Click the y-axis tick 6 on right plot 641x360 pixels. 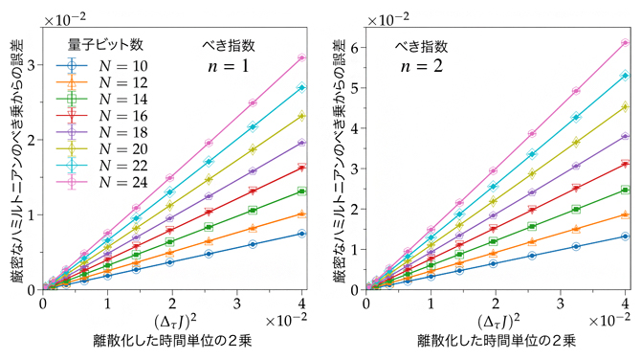(355, 47)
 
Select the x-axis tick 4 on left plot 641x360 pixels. (301, 303)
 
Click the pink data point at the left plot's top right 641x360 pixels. (301, 57)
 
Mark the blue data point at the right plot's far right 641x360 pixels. (626, 236)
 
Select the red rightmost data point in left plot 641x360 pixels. (301, 168)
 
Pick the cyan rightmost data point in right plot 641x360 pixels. (626, 76)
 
